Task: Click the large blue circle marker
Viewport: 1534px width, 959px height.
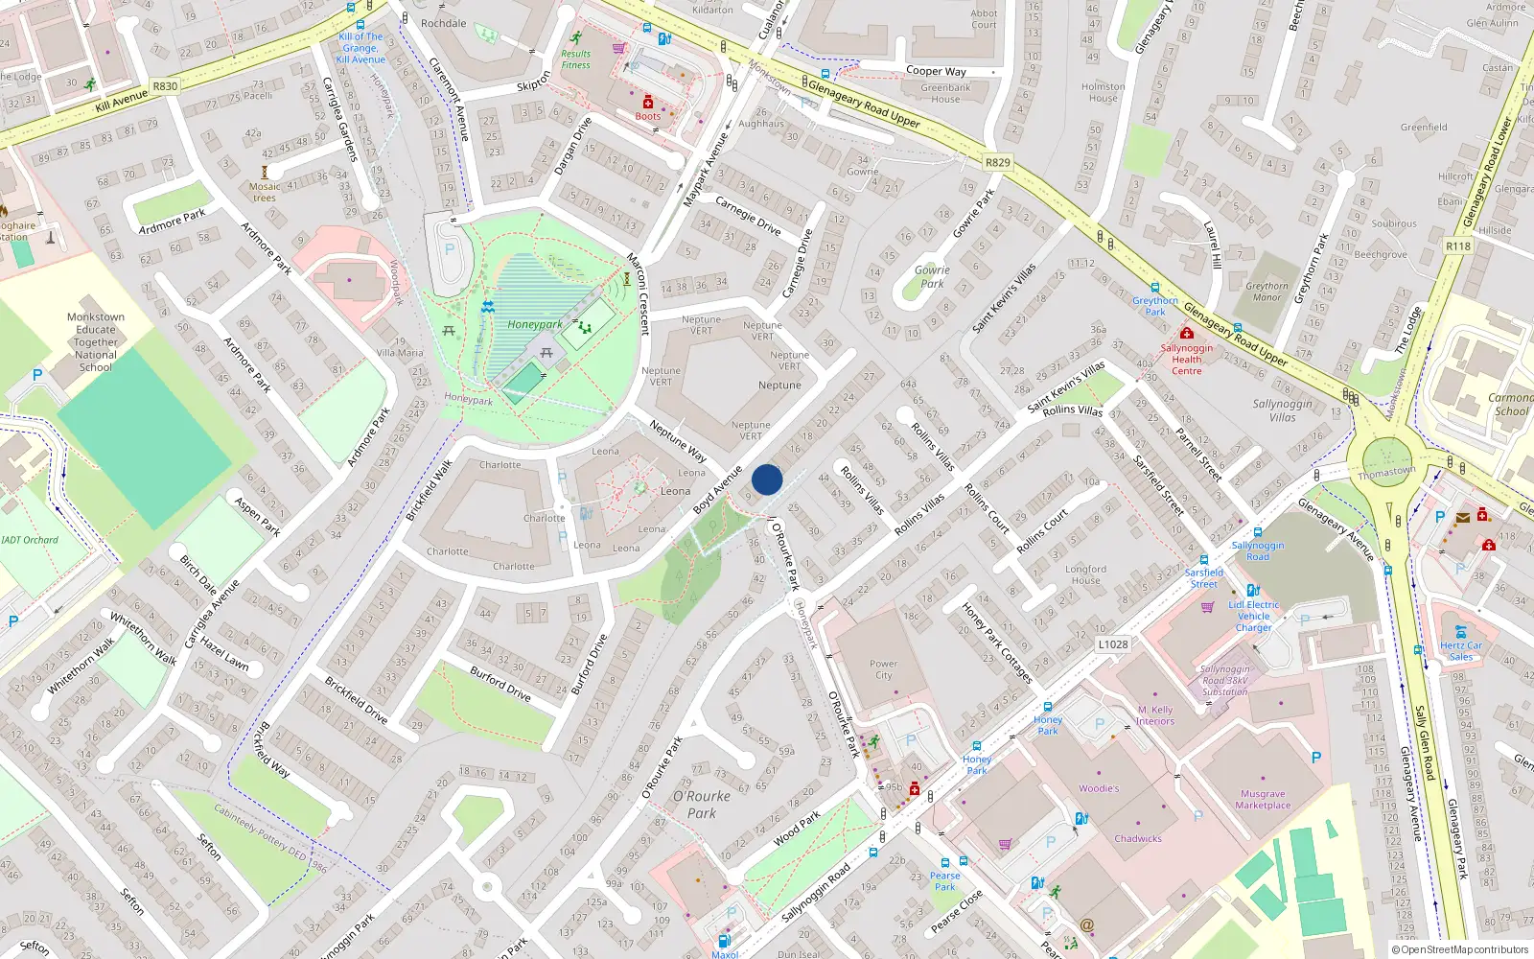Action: coord(767,479)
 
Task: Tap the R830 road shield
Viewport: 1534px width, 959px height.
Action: coord(165,86)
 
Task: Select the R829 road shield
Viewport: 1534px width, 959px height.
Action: coord(998,162)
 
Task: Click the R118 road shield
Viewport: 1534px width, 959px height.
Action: coord(1457,246)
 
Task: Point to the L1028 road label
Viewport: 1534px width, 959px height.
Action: coord(1113,644)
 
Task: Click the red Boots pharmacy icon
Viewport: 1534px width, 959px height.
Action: coord(648,102)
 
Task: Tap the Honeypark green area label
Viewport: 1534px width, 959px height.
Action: coord(535,324)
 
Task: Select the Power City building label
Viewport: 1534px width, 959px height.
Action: coord(883,669)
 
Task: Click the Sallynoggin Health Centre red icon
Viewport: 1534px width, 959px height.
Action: coord(1186,333)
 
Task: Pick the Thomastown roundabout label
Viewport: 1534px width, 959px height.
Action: coord(1386,473)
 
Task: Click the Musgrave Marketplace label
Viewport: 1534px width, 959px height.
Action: coord(1263,800)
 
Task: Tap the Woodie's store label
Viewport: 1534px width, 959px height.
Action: coord(1099,788)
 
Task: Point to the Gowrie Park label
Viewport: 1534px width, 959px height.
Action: coord(932,277)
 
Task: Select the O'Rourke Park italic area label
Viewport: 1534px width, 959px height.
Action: coord(702,805)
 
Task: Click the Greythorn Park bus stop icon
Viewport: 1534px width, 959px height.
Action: coord(1155,288)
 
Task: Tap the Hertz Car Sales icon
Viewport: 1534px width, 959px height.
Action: coord(1460,632)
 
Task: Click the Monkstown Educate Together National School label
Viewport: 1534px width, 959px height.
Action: coord(96,342)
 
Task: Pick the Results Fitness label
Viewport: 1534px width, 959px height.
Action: coord(576,59)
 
